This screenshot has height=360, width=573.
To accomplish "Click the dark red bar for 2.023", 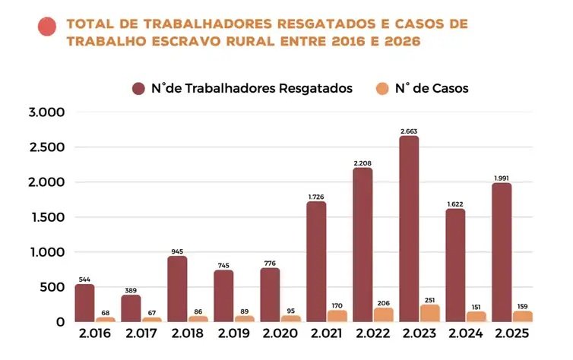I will coord(409,228).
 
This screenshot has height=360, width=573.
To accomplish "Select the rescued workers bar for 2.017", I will coord(130,308).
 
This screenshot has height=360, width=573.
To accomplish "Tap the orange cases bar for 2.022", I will coord(384,314).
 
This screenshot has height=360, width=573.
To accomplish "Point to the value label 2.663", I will coord(409,131).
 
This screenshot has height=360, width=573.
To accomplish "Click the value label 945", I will coord(176,251).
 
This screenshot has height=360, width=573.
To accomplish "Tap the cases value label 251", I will coord(430,299).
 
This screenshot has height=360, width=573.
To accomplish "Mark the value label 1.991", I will coord(502,178).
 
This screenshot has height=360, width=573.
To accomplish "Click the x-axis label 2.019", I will coord(233,334).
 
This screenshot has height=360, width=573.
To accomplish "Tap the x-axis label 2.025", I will coord(511,334).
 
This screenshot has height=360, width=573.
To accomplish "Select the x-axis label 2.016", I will coord(94,334).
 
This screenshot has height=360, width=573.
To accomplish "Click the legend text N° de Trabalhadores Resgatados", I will coord(252,88).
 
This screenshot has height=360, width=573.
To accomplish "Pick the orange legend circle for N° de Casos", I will coord(381,88).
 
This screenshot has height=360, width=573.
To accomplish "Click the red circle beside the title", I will coord(47,27).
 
